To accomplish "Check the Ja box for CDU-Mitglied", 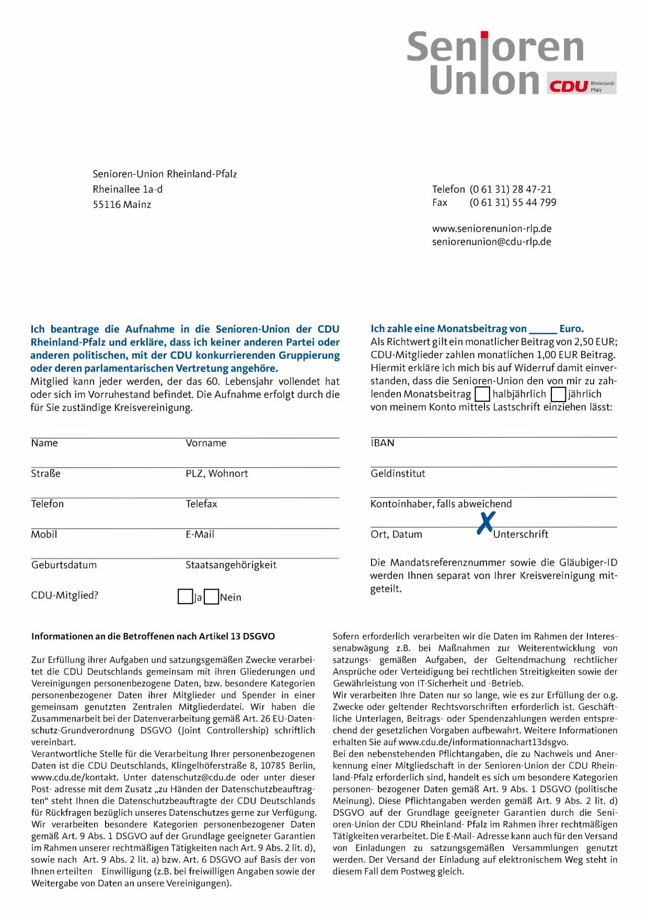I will coord(184,597).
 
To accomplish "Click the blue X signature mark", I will coord(486,523).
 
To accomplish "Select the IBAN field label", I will coord(383,443).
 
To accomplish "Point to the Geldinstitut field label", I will coord(398,474).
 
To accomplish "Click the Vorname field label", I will coord(206,443).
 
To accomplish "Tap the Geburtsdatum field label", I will coord(64,565).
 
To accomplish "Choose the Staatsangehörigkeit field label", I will coord(231,565).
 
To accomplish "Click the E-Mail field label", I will coord(200,534).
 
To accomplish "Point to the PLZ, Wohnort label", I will coord(217,474).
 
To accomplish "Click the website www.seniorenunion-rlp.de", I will coord(492,229).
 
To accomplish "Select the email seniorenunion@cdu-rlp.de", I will coord(491,242).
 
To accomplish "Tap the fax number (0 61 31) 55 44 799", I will coord(513,203).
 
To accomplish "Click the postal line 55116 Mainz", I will coord(122,205).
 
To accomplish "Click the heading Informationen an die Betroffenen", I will coord(153,637).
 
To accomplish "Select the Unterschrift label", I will coord(521,534).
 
